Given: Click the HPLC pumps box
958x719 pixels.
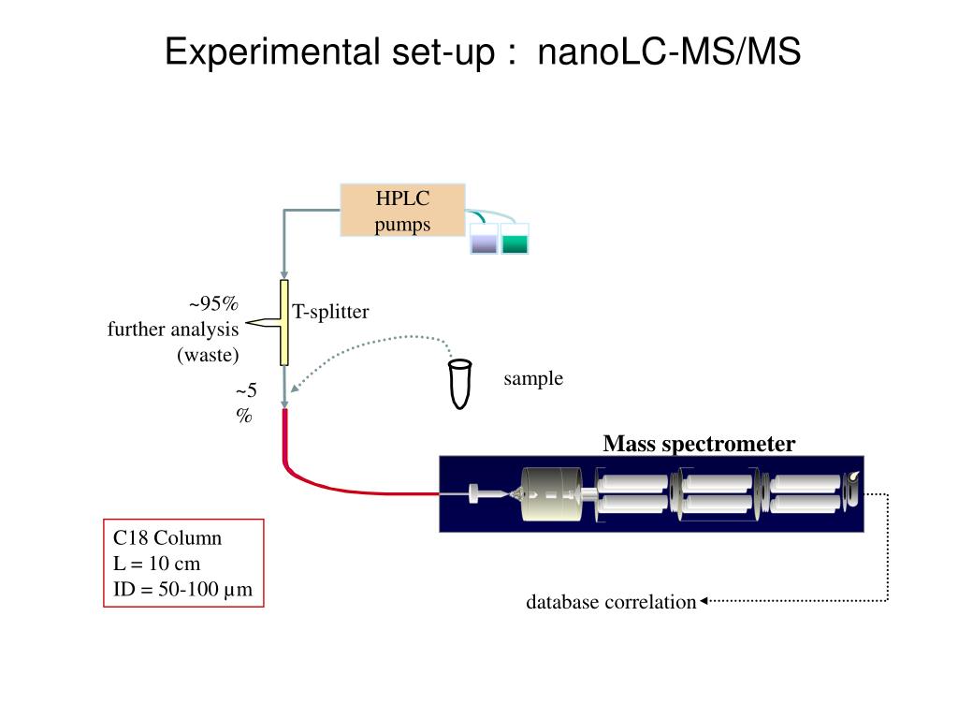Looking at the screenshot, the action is pos(402,211).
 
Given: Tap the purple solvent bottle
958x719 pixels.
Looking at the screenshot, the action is pos(484,239).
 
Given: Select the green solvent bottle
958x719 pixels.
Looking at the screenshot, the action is pos(515,239).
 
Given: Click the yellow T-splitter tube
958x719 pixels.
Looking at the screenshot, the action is pos(284,323).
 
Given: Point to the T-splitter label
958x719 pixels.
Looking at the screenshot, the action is pos(330,312).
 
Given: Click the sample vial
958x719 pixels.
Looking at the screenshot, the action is pos(460,384).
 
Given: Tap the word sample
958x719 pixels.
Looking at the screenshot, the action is pos(533,378).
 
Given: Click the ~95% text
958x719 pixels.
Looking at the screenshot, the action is pos(213,303).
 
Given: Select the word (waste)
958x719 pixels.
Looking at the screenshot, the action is pos(208,355).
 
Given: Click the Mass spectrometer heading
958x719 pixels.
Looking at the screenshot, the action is pos(699,443).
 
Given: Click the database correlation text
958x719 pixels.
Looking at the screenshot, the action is pos(611,602).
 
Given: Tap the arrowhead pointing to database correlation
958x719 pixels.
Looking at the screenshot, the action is pos(704,601).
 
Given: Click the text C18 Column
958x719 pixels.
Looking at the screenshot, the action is pos(167,538).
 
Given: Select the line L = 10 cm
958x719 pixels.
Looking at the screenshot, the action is pos(156,563).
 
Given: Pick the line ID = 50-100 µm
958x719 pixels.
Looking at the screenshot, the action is pos(182,590).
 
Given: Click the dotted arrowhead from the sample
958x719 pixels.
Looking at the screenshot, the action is pos(295,389).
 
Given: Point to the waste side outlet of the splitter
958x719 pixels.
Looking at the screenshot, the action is pos(263,323).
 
